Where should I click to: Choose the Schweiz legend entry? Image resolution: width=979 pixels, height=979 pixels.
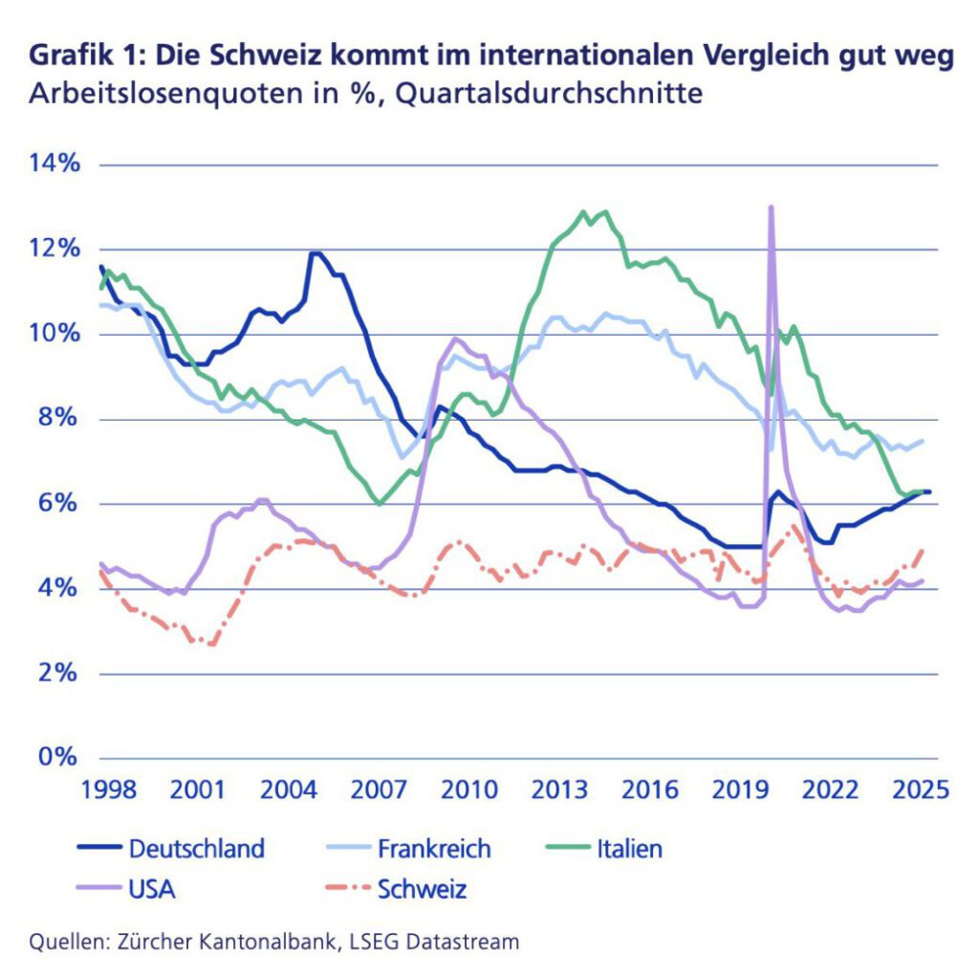point(422,889)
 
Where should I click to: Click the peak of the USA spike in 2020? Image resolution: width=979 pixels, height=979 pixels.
point(771,207)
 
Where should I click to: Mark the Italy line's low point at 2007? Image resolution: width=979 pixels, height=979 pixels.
point(380,504)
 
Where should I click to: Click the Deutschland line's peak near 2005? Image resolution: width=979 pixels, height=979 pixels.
point(314,253)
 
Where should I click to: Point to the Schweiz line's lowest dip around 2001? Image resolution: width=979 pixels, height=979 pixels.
point(210,644)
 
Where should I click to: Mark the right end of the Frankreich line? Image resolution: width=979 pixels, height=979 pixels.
point(923,441)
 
